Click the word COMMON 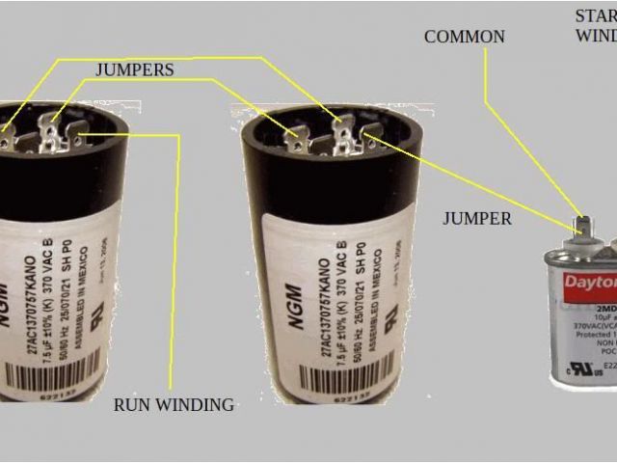point(464,37)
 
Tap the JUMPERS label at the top point(134,69)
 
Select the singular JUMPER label point(477,218)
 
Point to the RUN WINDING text point(174,404)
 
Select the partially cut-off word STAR point(596,15)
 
